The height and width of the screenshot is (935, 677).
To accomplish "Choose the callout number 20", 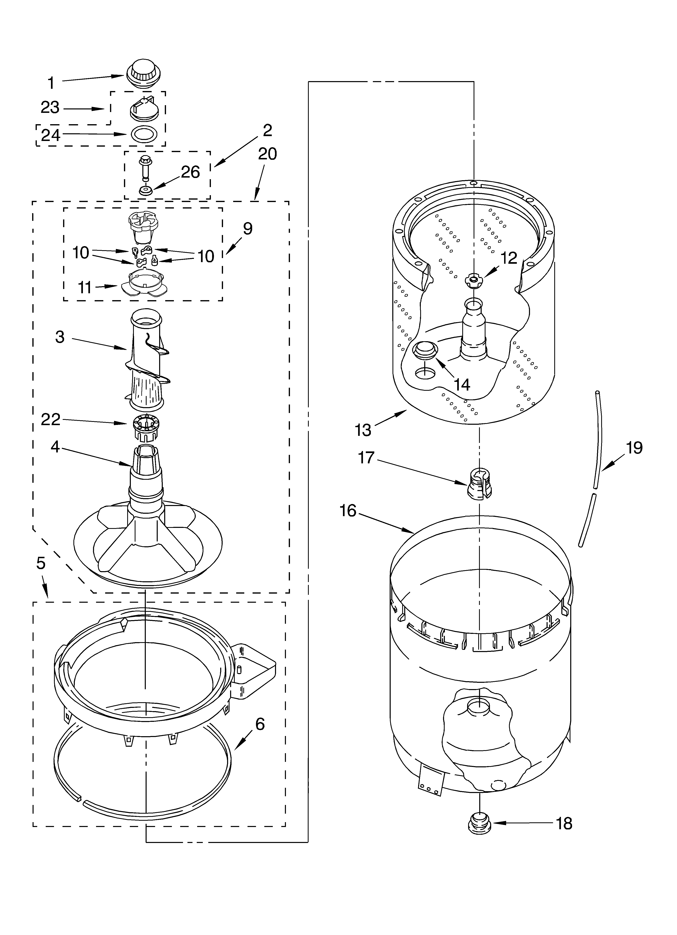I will (267, 154).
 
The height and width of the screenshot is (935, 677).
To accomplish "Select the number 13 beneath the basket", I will (363, 430).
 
